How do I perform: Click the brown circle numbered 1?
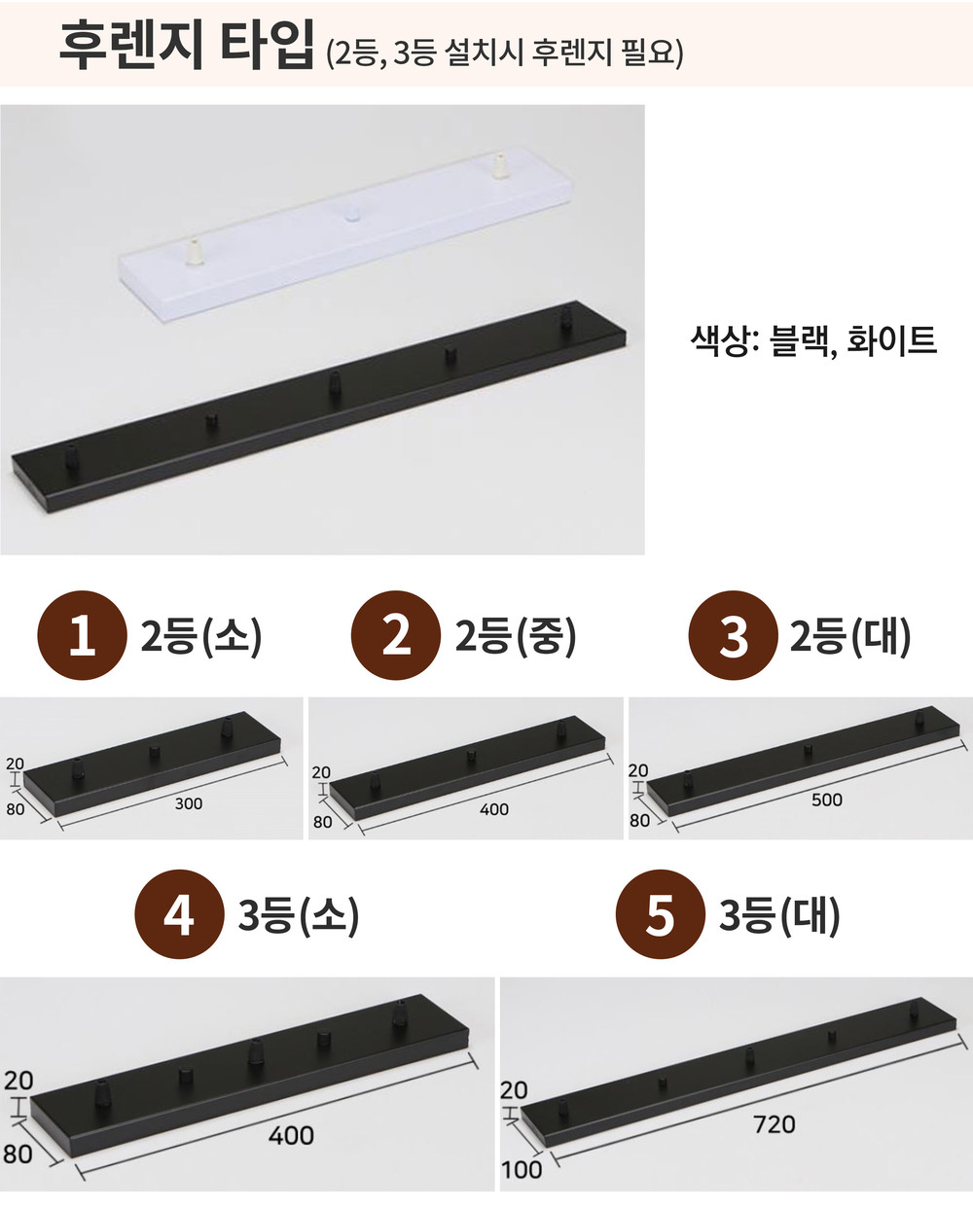point(82,635)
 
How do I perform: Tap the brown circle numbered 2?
point(396,635)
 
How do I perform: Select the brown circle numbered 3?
point(733,635)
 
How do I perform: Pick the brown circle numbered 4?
point(179,914)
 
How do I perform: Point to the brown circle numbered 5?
point(661,914)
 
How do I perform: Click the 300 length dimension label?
point(189,803)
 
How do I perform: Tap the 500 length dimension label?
point(826,800)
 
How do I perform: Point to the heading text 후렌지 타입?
point(186,45)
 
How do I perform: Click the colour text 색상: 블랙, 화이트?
point(813,340)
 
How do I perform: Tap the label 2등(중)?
point(516,636)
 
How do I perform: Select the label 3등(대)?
point(779,914)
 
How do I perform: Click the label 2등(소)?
point(201,636)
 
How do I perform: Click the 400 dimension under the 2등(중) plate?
point(494,809)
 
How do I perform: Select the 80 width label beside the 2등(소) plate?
point(16,809)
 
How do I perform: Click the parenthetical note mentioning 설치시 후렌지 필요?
point(505,53)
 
